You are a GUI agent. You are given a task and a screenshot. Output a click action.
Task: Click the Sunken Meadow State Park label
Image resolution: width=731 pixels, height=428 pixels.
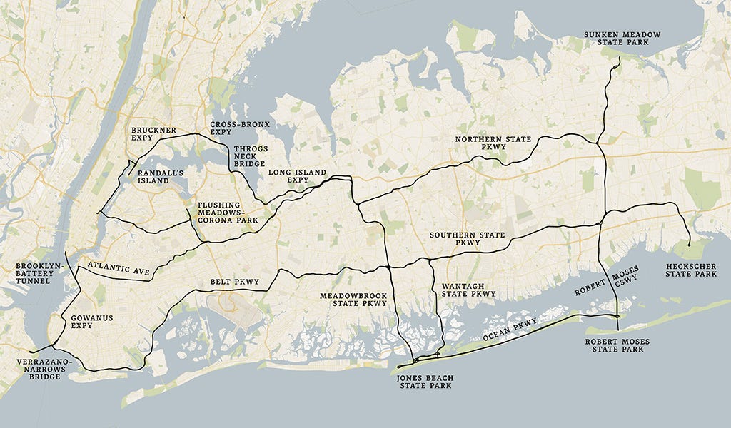(x=622, y=39)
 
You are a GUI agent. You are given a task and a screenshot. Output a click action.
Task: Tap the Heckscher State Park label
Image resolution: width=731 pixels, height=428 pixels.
(x=690, y=270)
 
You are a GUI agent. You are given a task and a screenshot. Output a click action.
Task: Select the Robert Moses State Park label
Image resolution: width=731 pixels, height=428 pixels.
(x=617, y=346)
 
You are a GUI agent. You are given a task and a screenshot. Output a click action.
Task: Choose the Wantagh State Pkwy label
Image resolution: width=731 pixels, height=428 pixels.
(x=468, y=289)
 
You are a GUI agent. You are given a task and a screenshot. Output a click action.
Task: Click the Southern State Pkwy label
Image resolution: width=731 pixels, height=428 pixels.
(x=467, y=239)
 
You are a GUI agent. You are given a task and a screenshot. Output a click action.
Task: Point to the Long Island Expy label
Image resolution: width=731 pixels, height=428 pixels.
(x=297, y=176)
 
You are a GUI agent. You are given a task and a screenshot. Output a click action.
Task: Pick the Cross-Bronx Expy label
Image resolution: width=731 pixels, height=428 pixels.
(x=240, y=128)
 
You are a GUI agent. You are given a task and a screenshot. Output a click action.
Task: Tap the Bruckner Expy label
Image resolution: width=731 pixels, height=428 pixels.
(x=153, y=134)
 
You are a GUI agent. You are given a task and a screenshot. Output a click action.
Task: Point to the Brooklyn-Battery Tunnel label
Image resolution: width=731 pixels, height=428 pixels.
(x=39, y=274)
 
